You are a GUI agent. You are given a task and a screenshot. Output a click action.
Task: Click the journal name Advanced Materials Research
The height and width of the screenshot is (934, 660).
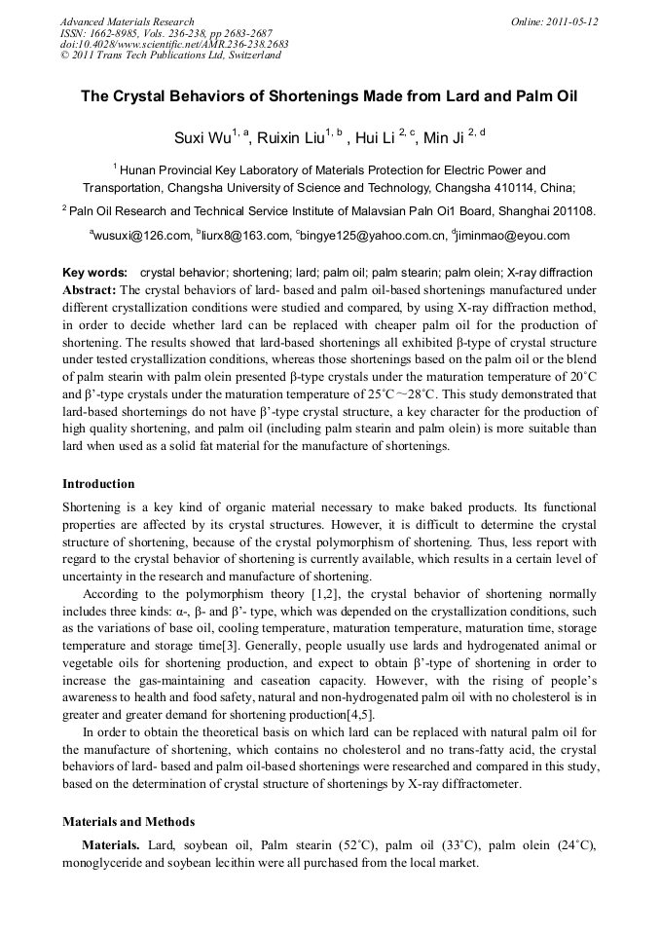point(127,21)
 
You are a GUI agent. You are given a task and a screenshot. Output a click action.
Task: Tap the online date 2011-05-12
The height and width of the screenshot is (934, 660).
point(569,21)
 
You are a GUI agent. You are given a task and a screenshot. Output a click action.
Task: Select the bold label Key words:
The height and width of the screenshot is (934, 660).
point(94,273)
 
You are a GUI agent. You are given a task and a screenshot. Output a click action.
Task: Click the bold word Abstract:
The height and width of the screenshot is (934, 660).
point(90,290)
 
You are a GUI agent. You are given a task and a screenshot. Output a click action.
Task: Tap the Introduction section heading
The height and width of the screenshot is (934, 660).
point(98,483)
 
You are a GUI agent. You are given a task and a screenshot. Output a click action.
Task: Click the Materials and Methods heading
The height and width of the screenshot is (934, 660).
point(128,821)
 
